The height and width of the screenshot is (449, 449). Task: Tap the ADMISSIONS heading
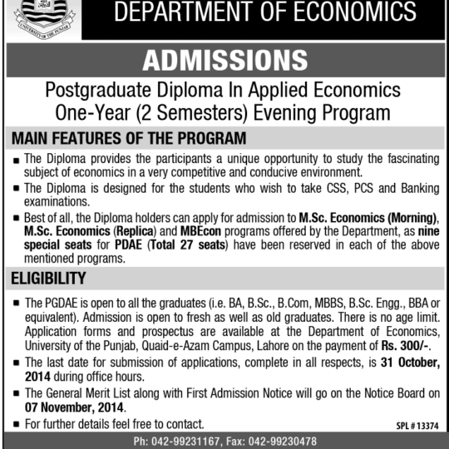pos(224,60)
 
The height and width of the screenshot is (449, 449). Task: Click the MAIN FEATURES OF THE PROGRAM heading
pos(128,138)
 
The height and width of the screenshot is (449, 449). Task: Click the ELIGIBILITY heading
pos(48,278)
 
